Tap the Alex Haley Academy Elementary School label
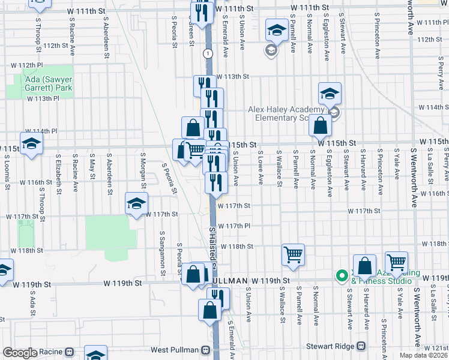pos(290,114)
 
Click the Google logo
pos(19,352)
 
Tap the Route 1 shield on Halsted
pos(208,53)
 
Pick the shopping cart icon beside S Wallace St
pos(293,254)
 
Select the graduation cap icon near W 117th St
pos(136,203)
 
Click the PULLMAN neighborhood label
pos(228,281)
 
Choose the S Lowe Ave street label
pos(261,168)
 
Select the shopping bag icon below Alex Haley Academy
pos(321,126)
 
